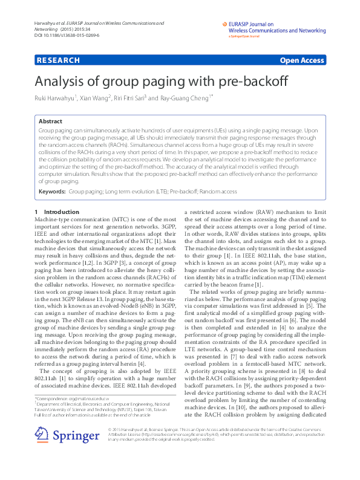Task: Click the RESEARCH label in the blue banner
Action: tap(58, 60)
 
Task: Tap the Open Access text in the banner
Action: tap(302, 60)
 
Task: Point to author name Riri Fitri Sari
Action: tap(127, 99)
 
